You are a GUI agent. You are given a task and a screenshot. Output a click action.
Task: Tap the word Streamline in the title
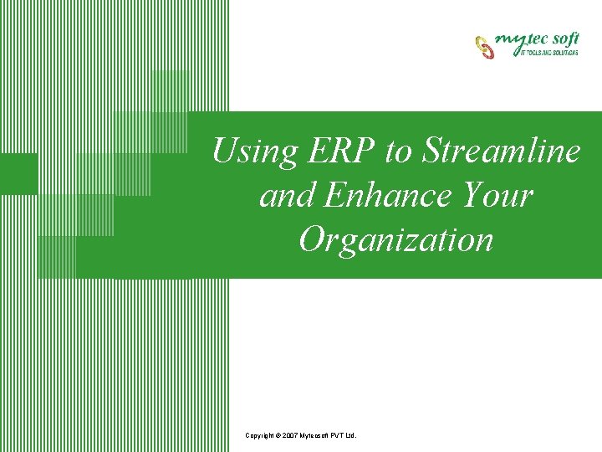pos(502,152)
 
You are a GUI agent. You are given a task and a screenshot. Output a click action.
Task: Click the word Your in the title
pos(494,196)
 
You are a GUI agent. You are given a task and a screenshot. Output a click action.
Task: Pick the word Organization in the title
pos(395,240)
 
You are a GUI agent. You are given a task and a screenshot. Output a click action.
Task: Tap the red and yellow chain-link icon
pos(485,46)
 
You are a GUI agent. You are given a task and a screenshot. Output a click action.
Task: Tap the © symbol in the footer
pos(279,436)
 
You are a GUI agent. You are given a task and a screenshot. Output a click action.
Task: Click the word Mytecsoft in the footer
pos(317,436)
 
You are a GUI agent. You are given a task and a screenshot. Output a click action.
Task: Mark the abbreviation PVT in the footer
pos(340,436)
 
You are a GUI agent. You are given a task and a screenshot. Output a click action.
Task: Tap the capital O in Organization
pos(313,240)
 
